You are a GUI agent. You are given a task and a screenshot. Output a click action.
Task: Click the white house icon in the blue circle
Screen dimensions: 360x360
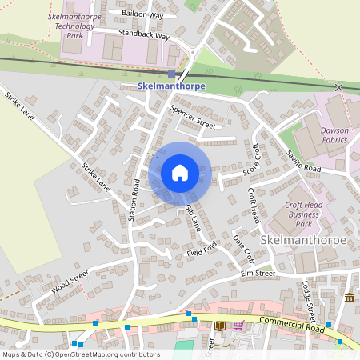coord(180,173)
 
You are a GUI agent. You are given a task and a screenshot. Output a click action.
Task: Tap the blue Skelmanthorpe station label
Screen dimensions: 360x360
coord(172,86)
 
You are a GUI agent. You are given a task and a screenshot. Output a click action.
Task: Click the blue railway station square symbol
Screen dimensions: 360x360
coord(171,74)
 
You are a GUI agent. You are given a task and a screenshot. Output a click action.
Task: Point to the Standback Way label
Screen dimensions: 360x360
coord(144,36)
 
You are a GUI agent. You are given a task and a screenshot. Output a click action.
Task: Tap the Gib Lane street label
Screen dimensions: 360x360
coord(194,218)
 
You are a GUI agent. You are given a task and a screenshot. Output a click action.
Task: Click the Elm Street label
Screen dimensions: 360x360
coord(259,274)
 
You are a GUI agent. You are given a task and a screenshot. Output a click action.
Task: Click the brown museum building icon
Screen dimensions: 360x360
coord(350,298)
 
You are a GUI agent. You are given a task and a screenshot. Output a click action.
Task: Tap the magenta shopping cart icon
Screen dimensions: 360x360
coord(238,325)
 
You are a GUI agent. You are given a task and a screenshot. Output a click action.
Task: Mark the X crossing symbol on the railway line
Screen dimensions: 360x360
coord(339,86)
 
